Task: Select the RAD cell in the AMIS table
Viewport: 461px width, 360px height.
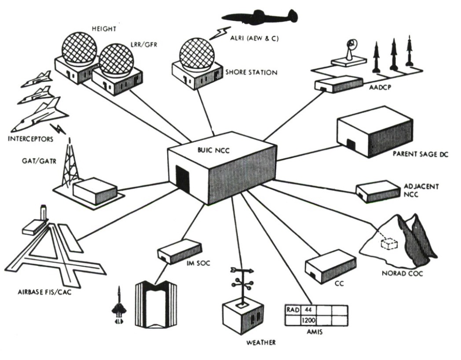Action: tap(292, 310)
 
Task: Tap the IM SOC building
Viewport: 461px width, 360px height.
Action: tap(179, 250)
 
